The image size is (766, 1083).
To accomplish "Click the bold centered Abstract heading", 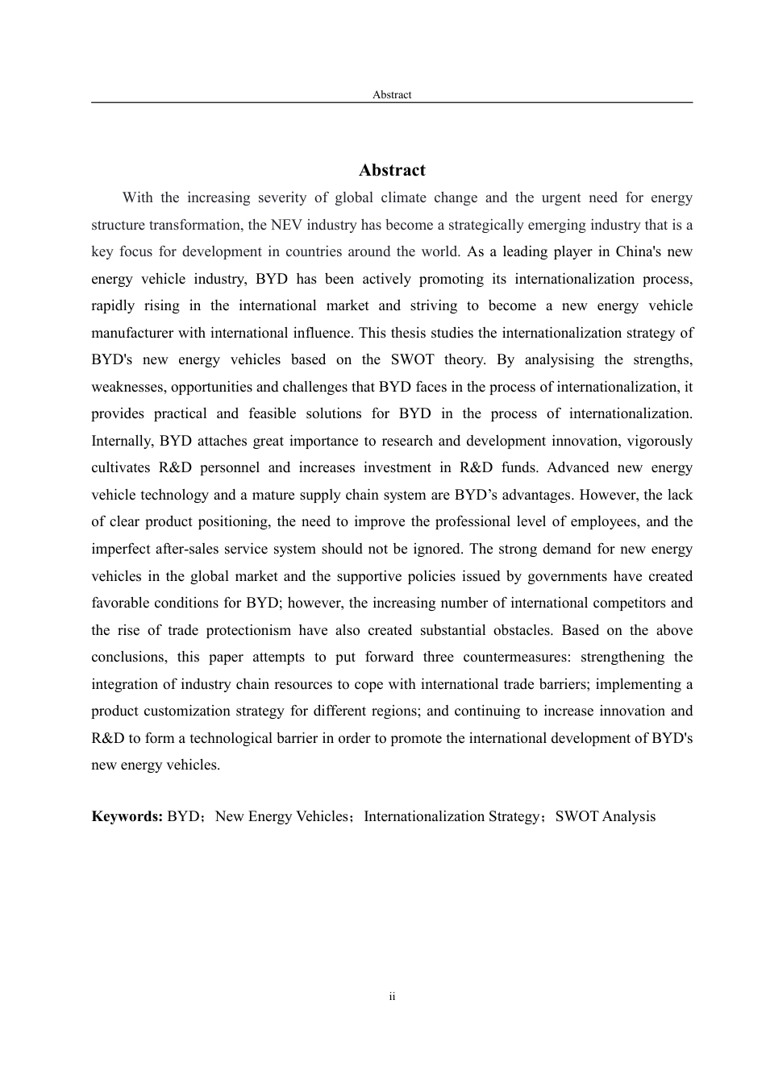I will coord(392,170).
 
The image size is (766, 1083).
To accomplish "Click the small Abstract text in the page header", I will coord(392,94).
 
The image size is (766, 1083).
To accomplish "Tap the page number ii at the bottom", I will coord(392,997).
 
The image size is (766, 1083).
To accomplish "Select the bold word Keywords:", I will coord(127,816).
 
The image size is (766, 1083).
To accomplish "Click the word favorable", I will coord(116,603).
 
